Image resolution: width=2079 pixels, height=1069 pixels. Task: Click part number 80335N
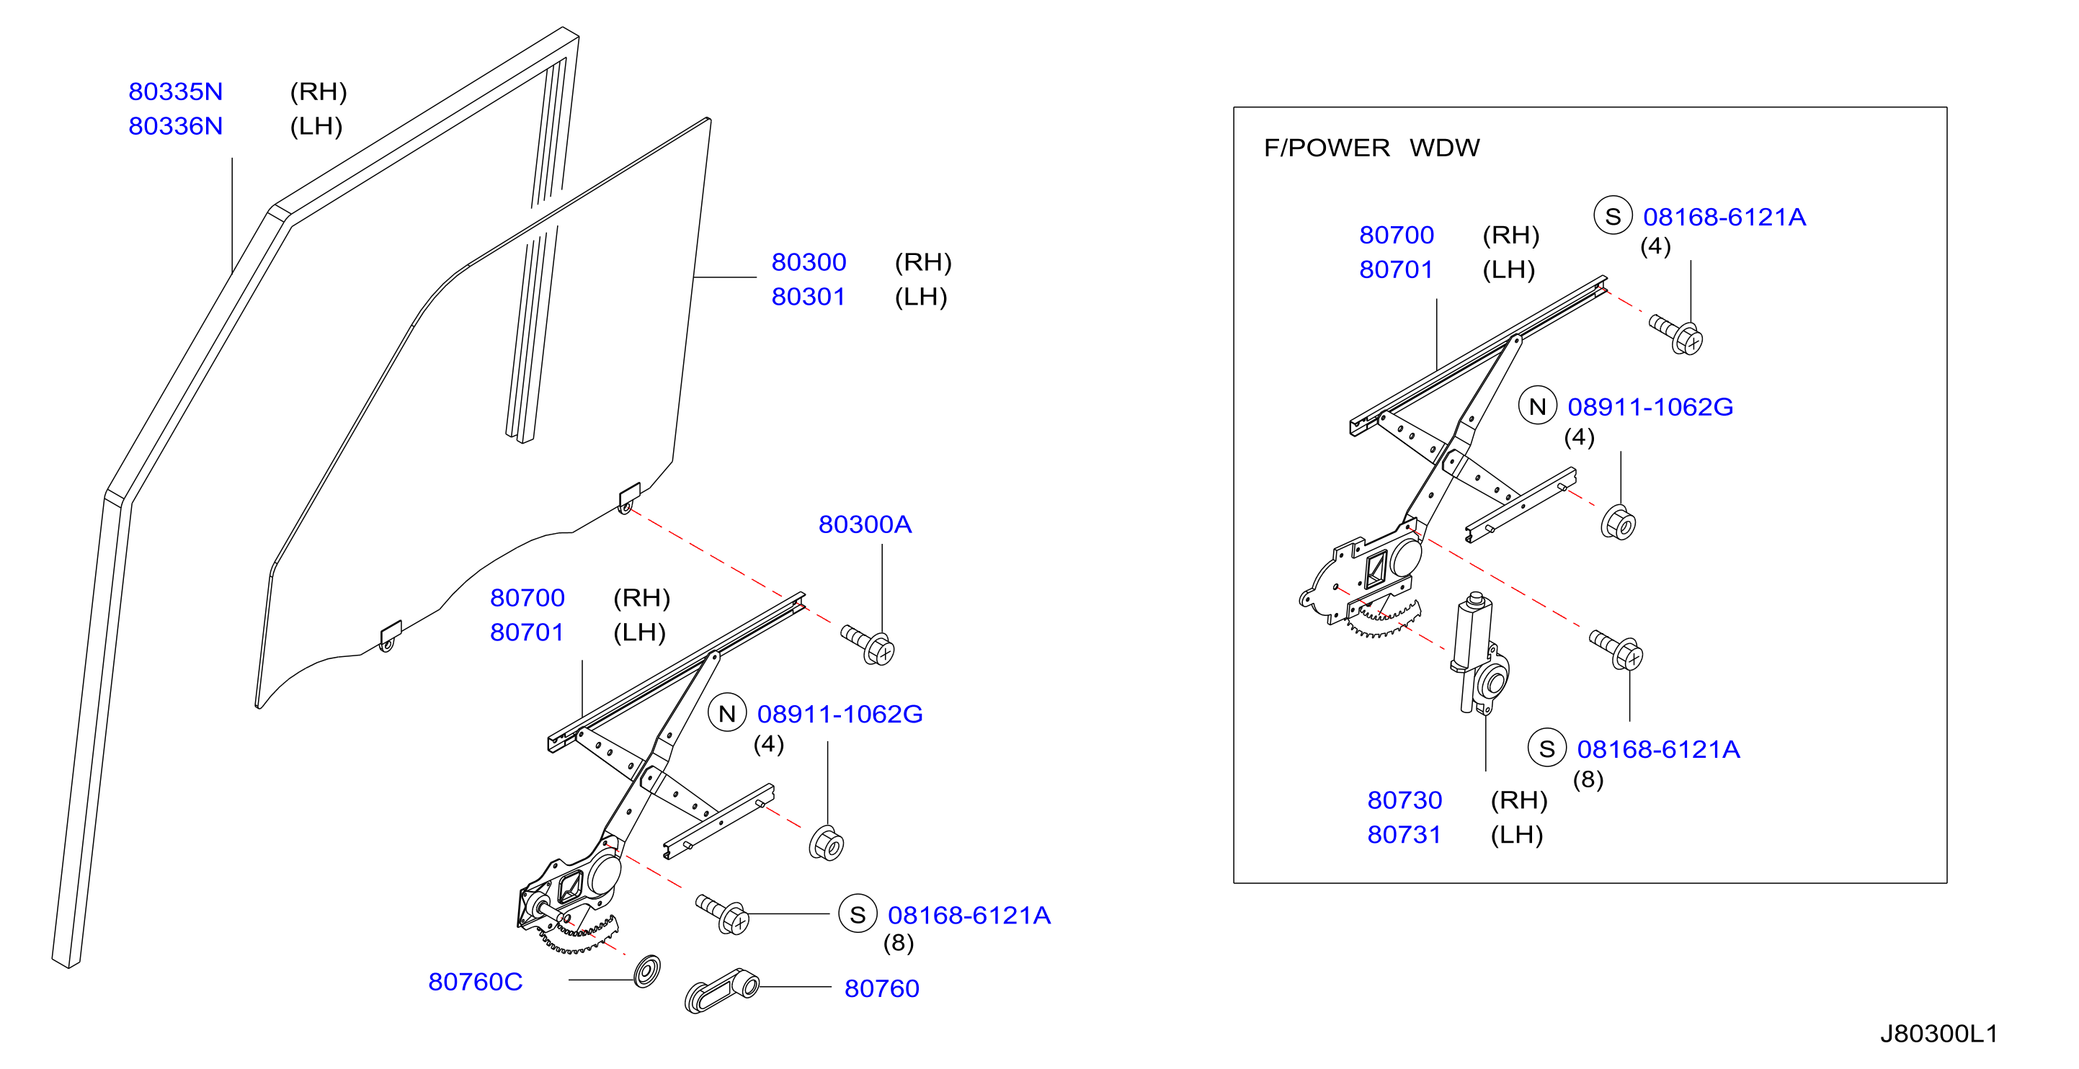[x=175, y=92]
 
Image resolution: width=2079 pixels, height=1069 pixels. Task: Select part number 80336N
[x=175, y=127]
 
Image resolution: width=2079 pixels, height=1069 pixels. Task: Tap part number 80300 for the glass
[x=808, y=262]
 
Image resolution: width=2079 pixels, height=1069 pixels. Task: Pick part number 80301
[x=808, y=297]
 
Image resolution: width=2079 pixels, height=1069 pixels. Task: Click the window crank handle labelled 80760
[x=721, y=990]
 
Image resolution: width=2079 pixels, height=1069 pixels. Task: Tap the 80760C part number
[x=476, y=982]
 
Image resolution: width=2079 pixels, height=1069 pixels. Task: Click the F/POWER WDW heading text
[x=1371, y=148]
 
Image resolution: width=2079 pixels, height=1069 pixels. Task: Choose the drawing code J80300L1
[x=1938, y=1034]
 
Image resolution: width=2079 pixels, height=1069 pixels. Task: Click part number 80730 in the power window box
[x=1404, y=800]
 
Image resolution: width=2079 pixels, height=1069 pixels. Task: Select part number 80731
[x=1404, y=835]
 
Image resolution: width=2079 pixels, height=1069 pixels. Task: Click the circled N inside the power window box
[x=1538, y=406]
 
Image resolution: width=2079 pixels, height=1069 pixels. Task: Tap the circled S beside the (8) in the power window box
[x=1547, y=749]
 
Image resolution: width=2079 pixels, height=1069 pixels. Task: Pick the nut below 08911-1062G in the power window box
[x=1619, y=523]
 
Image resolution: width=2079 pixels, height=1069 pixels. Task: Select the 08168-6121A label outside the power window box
[x=969, y=916]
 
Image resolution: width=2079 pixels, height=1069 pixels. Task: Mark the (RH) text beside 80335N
[x=318, y=92]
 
